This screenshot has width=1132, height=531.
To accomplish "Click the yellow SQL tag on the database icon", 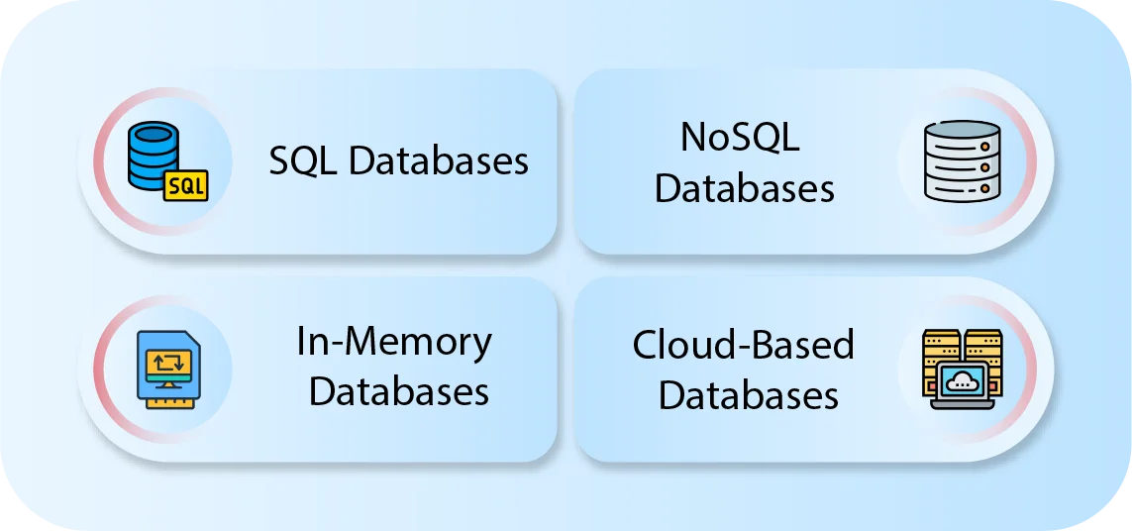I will click(x=186, y=184).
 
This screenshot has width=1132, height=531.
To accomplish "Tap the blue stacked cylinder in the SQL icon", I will click(x=154, y=154).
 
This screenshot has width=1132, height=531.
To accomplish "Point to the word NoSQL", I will click(x=740, y=138).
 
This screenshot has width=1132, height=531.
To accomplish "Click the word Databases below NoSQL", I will click(x=745, y=188).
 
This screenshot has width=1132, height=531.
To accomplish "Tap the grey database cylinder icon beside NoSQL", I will click(x=961, y=161).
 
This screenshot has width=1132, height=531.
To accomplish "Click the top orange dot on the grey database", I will click(x=984, y=144).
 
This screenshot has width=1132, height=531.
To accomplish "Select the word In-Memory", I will click(x=394, y=342).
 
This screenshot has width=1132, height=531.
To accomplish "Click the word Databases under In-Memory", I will click(x=399, y=391).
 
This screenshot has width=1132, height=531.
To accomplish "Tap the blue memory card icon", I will click(x=167, y=368).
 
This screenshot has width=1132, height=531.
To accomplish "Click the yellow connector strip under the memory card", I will click(x=167, y=400).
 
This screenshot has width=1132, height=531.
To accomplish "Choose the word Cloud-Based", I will click(x=743, y=345).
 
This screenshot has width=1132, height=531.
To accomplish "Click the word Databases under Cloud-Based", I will click(x=748, y=395).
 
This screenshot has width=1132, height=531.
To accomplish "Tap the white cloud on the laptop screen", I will click(x=962, y=380).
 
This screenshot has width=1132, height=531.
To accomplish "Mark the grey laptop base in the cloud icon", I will click(x=962, y=404).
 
